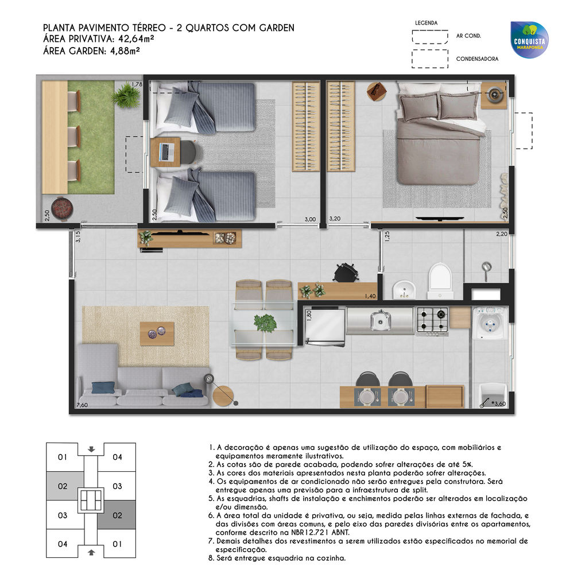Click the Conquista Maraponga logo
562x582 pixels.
pos(529,40)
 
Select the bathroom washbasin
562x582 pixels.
pos(405,289)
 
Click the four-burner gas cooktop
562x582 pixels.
pos(432,320)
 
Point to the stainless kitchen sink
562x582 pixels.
pos(380,320)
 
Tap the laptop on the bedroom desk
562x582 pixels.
pos(166,152)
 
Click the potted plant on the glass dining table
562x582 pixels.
pos(265,323)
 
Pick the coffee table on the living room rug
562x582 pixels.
pos(157,333)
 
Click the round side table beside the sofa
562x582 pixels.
pos(224,395)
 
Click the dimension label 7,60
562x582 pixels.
pos(82,405)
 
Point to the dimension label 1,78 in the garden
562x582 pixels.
pos(137,84)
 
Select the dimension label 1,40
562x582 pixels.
pos(370,296)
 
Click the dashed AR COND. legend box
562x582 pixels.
pos(430,36)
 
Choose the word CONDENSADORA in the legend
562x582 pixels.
pos(477,59)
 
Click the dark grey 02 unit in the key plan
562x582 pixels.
pos(117,515)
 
